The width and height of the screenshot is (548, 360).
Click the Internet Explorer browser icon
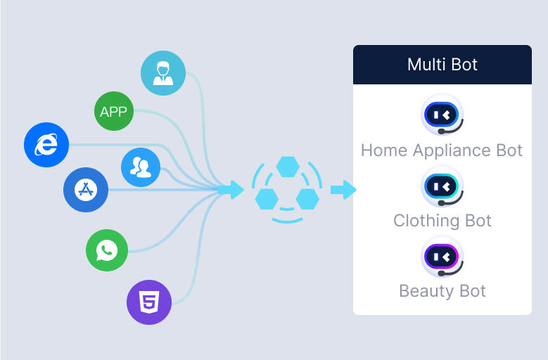point(46,145)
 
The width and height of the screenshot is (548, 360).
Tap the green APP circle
point(114,112)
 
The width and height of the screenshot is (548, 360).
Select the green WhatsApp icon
point(107,250)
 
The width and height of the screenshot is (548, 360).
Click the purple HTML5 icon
point(149,302)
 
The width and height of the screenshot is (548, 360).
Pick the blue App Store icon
point(86,190)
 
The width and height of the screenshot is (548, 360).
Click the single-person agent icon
point(163,72)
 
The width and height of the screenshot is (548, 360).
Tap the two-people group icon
point(141,167)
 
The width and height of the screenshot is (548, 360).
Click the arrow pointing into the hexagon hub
point(231,189)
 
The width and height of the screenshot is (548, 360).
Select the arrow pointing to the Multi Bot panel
point(343,189)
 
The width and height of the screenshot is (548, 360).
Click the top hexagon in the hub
point(288,167)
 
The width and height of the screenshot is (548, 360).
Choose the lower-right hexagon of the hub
point(307,199)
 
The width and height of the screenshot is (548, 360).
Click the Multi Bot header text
point(442,65)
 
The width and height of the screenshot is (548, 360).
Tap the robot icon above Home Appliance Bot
point(442,115)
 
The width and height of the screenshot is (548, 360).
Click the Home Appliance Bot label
point(442,150)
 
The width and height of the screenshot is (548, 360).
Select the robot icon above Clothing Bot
point(442,186)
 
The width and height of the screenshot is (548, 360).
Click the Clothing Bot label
point(442,221)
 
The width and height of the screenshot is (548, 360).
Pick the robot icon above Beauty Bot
point(442,257)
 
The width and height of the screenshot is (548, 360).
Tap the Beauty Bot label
point(442,290)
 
